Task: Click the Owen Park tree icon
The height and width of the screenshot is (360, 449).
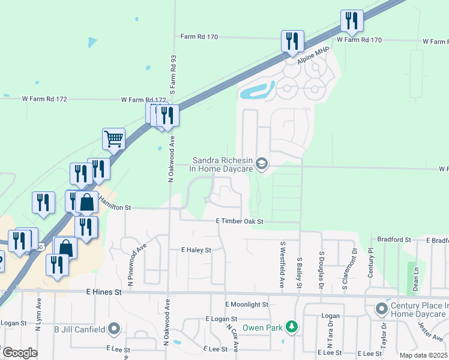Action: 292,327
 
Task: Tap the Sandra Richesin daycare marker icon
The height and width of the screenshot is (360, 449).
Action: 261,163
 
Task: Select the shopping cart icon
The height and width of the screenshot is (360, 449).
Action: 113,139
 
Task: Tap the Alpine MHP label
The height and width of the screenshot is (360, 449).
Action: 308,53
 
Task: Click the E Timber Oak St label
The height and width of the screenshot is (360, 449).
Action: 240,221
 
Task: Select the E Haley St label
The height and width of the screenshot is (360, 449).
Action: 196,250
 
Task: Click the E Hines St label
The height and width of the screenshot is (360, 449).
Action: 103,292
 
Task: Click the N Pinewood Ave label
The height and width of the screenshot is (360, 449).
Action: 137,263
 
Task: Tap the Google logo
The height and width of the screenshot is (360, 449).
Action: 20,353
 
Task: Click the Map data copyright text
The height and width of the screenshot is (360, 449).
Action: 424,355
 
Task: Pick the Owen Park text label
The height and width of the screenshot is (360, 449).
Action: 262,328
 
